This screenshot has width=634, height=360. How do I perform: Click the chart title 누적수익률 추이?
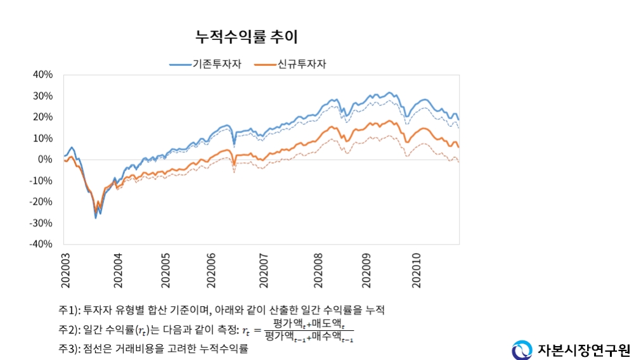coord(247,37)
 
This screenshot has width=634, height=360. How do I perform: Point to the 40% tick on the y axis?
coord(42,75)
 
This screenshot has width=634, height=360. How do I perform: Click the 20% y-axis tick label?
coord(42,117)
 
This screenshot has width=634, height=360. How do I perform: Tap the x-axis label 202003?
coord(65,270)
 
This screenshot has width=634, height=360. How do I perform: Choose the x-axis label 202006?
coord(212,270)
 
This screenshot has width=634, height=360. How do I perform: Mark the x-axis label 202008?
coord(317,270)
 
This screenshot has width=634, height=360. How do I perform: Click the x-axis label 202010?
coord(417,270)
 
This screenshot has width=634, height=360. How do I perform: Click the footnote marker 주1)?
coord(69,310)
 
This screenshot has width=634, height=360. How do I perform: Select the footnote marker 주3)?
coord(69,349)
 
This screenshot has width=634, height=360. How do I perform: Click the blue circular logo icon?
coord(522,349)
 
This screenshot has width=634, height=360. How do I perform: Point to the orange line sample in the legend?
coord(264,64)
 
